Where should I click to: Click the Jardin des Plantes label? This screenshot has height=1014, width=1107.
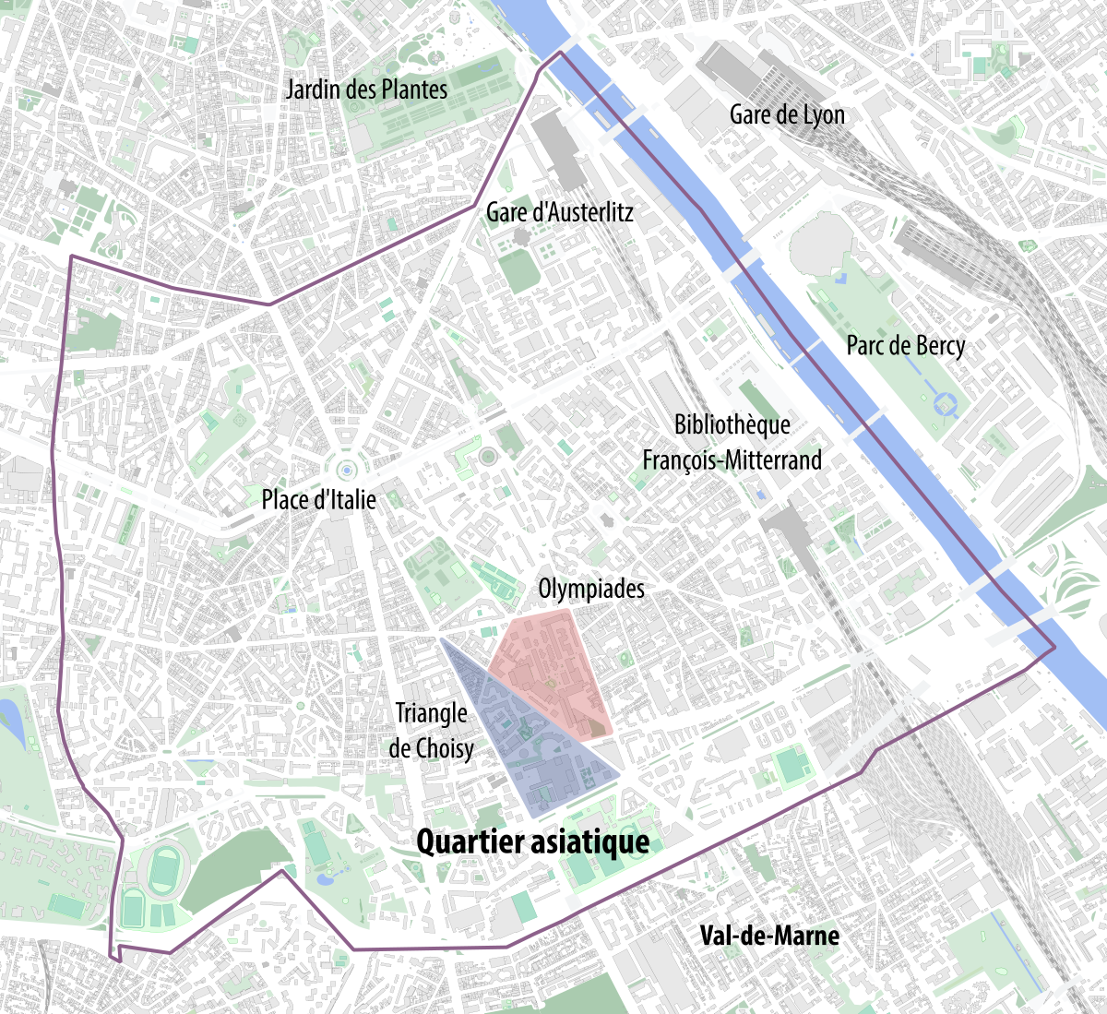(x=366, y=89)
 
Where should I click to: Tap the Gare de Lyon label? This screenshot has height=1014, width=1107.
(x=787, y=114)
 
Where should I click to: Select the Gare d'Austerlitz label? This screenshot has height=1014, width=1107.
(x=559, y=212)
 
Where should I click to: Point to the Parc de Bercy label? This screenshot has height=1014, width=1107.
(x=905, y=346)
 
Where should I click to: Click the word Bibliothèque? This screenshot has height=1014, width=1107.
(x=732, y=424)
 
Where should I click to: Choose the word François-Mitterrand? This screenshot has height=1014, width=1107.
(x=732, y=459)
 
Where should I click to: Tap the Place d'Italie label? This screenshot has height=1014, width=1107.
(x=318, y=500)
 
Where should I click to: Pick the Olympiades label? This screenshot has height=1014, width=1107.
(x=590, y=589)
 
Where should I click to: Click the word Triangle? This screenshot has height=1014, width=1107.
(x=431, y=713)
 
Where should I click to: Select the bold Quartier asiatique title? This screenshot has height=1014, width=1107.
(x=532, y=841)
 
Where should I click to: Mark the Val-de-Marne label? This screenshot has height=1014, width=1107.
(x=769, y=936)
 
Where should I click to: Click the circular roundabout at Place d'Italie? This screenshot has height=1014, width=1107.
(x=346, y=470)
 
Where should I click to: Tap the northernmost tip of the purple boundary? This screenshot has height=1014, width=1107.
(x=559, y=53)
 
